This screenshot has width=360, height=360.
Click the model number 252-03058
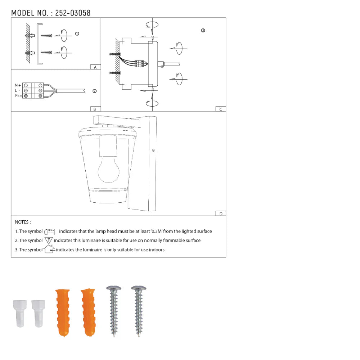tap(73, 13)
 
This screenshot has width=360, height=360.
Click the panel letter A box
tap(95, 67)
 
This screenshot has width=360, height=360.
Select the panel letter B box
tap(95, 109)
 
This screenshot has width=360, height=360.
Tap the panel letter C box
tap(221, 109)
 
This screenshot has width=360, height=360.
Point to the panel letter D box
tap(221, 213)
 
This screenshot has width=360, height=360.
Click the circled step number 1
tap(77, 34)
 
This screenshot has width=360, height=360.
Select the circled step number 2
tap(94, 91)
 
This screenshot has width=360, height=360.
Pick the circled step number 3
tap(203, 30)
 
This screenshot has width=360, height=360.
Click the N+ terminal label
tap(18, 85)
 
